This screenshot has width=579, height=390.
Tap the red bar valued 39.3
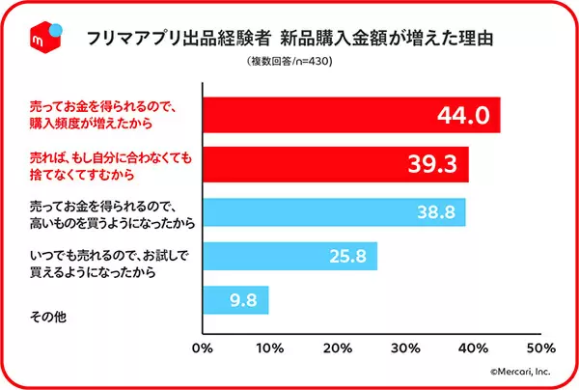coord(336,165)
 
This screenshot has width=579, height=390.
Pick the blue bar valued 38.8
coord(334,212)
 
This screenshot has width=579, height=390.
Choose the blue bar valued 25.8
coord(289,257)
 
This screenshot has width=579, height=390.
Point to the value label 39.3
coord(433,165)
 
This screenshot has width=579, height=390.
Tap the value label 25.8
coord(345,257)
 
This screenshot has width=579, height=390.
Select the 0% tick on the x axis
coord(203,346)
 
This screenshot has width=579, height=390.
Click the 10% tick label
coord(269,346)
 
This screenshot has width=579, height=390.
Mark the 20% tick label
coord(338,346)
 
